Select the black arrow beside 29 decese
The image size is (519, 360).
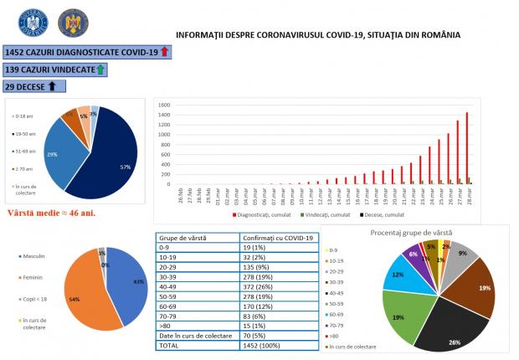tap(52, 85)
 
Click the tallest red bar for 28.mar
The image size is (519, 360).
tap(467, 147)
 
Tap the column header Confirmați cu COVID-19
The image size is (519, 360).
tap(272, 238)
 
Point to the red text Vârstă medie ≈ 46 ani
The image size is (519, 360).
tap(51, 213)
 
